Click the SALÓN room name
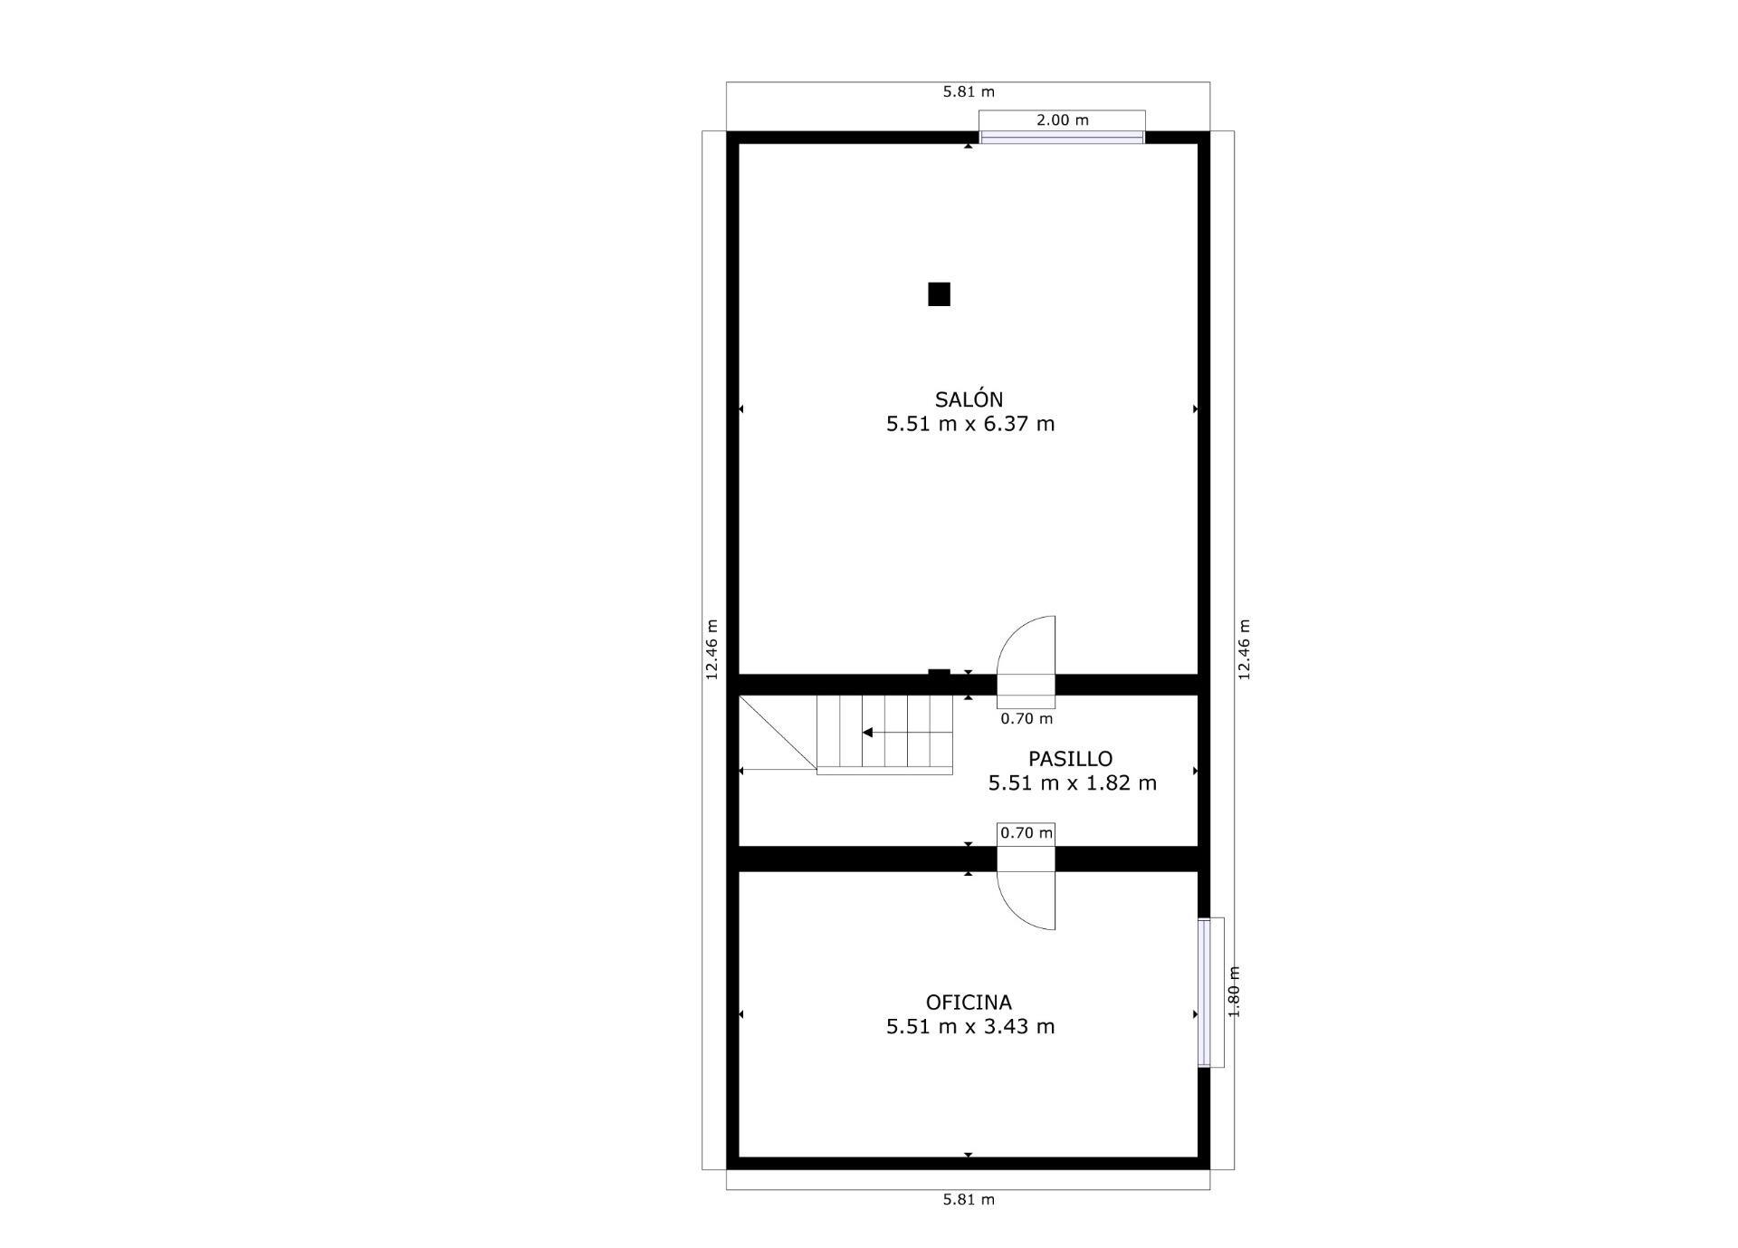tap(969, 399)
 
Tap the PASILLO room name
tap(1070, 759)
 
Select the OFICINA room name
tap(969, 1003)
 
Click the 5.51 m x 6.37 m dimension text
tap(970, 424)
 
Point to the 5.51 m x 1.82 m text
tap(1072, 783)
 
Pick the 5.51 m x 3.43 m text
tap(970, 1027)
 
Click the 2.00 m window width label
tap(1062, 120)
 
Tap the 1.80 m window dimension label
tap(1234, 991)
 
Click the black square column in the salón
tap(939, 294)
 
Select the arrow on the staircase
tap(867, 732)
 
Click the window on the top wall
tap(1062, 138)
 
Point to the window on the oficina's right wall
tap(1204, 993)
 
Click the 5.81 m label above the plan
tap(969, 91)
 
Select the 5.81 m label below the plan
tap(969, 1200)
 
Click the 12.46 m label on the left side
tap(711, 649)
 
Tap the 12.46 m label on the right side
tap(1244, 649)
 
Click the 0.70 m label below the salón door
tap(1027, 719)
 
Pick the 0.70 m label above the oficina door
tap(1027, 832)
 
